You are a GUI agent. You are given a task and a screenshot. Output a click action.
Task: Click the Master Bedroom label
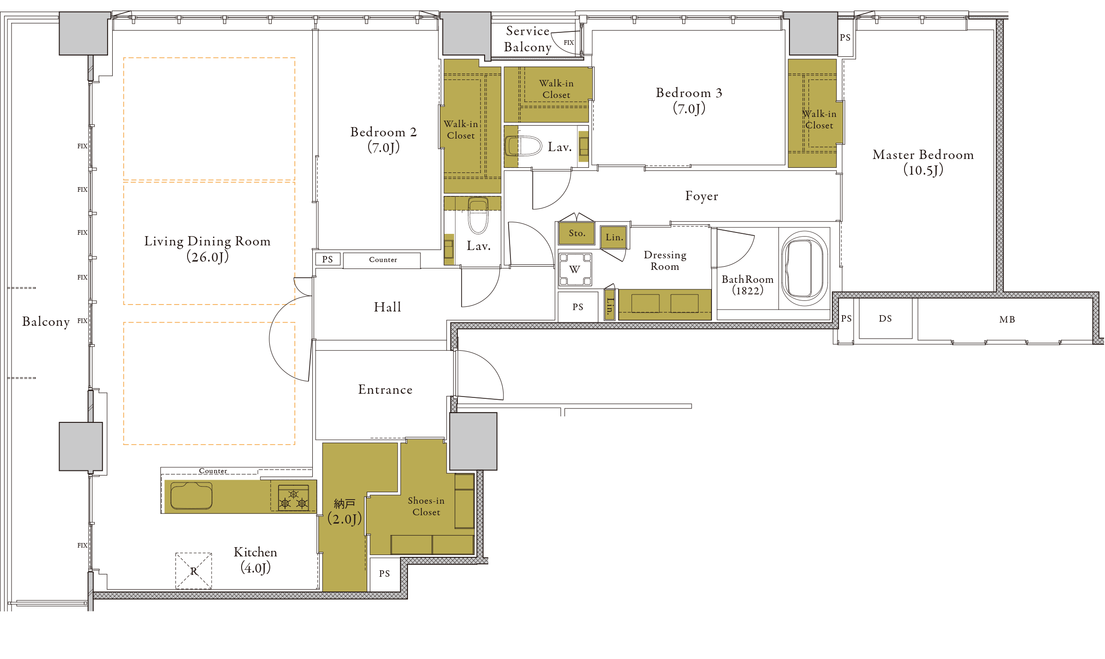923,162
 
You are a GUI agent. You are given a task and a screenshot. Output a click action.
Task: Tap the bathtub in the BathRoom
804,268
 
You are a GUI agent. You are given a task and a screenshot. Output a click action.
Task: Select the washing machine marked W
575,269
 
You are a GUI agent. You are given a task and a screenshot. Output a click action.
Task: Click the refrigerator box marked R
194,571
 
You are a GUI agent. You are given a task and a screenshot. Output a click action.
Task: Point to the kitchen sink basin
191,496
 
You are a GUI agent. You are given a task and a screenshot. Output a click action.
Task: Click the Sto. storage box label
577,233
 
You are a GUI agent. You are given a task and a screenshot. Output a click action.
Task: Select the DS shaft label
885,318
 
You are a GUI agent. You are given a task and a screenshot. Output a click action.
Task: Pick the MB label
1007,319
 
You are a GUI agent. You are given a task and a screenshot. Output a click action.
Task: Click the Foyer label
702,196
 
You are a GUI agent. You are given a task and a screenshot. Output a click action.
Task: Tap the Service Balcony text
528,39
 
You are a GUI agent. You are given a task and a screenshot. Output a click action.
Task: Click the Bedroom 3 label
689,101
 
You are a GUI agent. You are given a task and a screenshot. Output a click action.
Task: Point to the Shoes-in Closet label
426,506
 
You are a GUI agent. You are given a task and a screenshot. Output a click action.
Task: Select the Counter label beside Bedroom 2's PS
383,260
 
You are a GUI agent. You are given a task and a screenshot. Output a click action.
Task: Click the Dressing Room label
665,261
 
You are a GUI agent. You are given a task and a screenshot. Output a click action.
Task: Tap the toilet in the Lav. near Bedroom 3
523,146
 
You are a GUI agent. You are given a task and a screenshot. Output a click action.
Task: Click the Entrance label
385,390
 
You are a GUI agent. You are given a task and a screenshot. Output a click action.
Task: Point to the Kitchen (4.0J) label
255,560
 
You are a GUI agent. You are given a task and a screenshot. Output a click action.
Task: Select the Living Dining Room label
207,249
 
